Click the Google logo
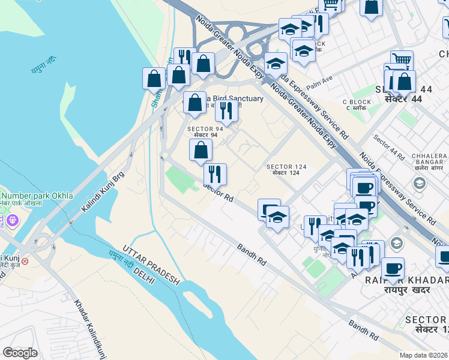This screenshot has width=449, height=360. click(20, 353)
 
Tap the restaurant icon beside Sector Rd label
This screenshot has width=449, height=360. click(215, 174)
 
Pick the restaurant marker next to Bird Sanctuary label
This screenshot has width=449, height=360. click(226, 110)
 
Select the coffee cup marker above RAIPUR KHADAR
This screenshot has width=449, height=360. click(393, 268)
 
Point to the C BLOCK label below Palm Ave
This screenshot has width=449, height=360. click(357, 105)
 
